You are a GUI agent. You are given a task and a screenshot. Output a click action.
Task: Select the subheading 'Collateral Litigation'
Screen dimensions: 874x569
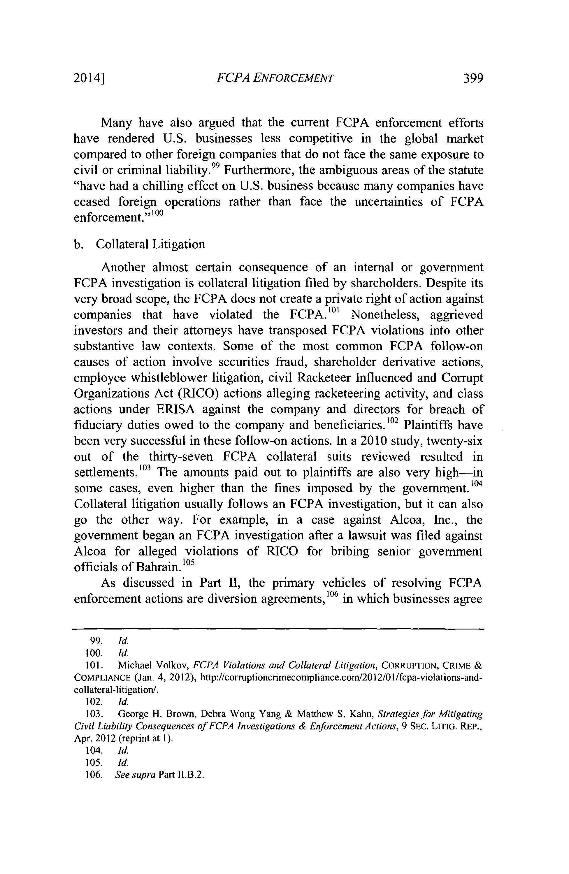point(150,244)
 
